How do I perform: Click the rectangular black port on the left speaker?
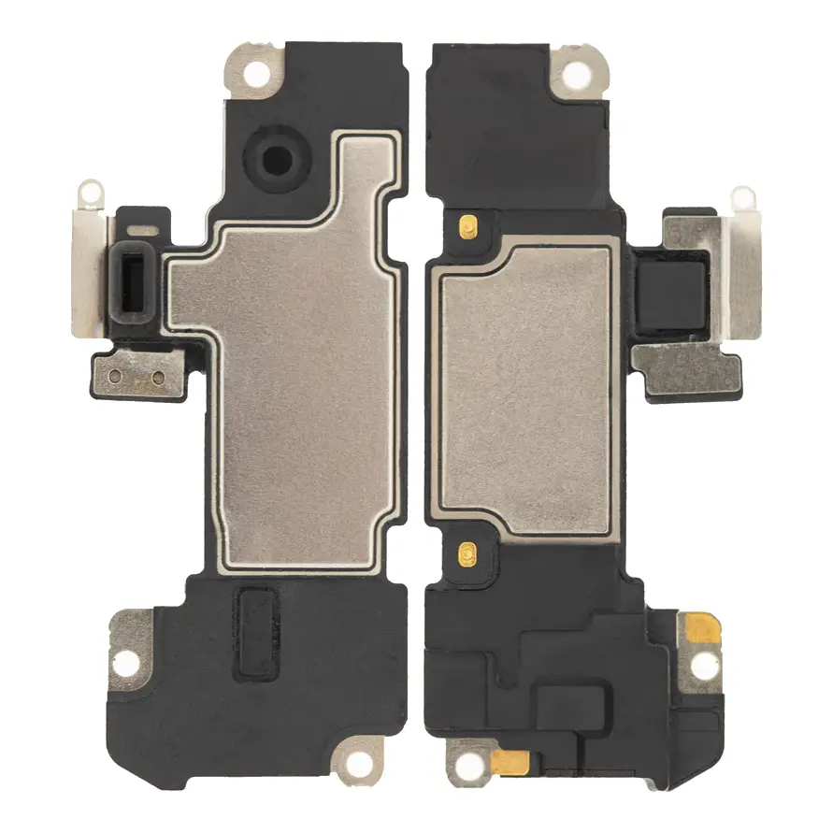pyautogui.click(x=136, y=278)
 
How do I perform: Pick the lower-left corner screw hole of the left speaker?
pyautogui.click(x=128, y=662)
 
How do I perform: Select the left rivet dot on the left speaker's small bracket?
pyautogui.click(x=114, y=376)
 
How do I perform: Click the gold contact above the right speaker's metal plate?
pyautogui.click(x=467, y=225)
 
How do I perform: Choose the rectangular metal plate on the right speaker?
pyautogui.click(x=524, y=388)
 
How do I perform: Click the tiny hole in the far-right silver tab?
pyautogui.click(x=743, y=198)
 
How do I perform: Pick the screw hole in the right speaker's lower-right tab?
pyautogui.click(x=702, y=666)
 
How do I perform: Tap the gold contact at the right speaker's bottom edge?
pyautogui.click(x=511, y=762)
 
